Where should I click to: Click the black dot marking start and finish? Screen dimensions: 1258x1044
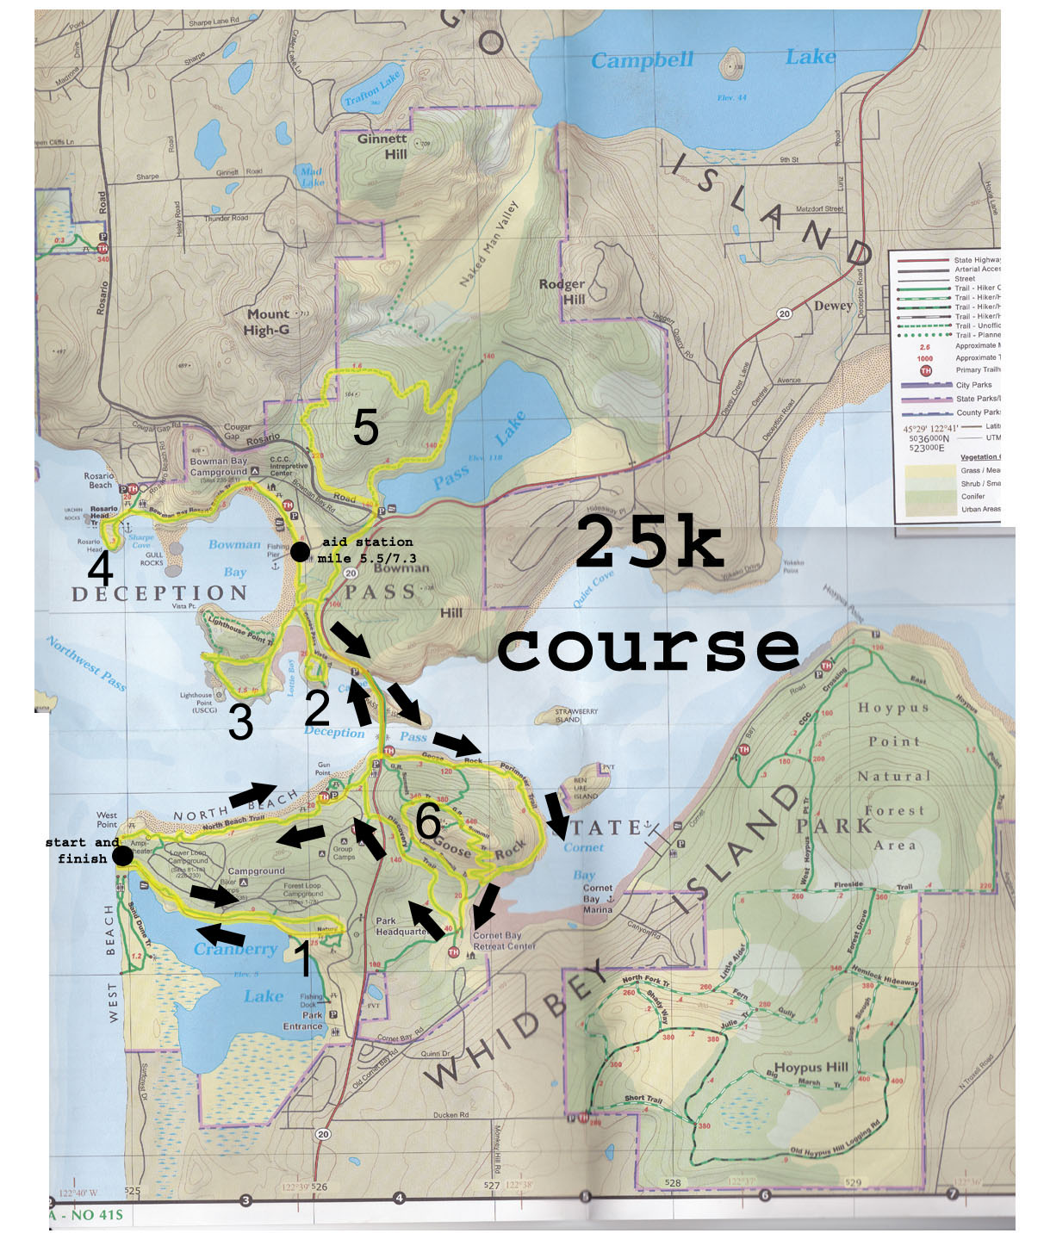pyautogui.click(x=122, y=855)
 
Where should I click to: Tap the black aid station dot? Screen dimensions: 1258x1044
pyautogui.click(x=299, y=552)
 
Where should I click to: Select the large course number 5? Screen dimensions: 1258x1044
pyautogui.click(x=365, y=428)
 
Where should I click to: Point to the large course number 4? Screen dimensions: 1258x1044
pyautogui.click(x=101, y=568)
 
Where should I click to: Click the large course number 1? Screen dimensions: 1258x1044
pyautogui.click(x=302, y=959)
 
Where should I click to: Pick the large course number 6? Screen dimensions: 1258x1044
pyautogui.click(x=428, y=821)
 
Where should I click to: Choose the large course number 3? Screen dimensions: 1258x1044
pyautogui.click(x=240, y=722)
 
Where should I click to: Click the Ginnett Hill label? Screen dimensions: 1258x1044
pyautogui.click(x=382, y=146)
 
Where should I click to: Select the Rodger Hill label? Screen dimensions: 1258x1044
pyautogui.click(x=562, y=291)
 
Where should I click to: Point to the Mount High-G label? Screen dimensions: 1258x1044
pyautogui.click(x=267, y=322)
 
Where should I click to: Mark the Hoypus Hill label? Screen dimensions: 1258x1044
pyautogui.click(x=811, y=1067)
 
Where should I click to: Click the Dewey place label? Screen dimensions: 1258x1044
pyautogui.click(x=833, y=306)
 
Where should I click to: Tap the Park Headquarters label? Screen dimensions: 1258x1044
pyautogui.click(x=401, y=926)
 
